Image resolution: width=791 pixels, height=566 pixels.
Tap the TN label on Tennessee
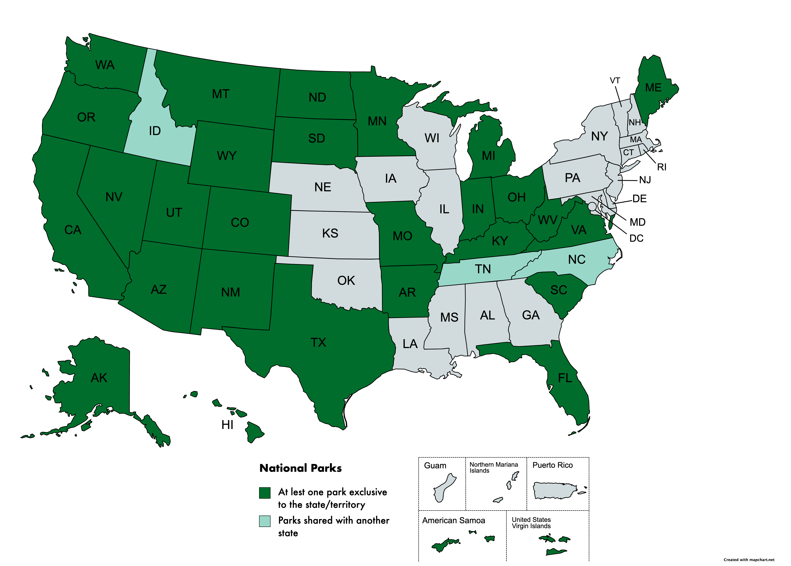[x=483, y=269]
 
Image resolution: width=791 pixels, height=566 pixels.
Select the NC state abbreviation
[x=577, y=260]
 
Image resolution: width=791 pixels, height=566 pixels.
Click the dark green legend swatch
[x=265, y=493]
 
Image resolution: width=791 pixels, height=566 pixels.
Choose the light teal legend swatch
[x=265, y=521]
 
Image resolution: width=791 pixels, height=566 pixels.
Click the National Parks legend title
[x=300, y=468]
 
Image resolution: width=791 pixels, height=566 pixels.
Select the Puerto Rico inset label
[x=552, y=465]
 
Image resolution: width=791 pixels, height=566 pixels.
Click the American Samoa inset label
[x=453, y=520]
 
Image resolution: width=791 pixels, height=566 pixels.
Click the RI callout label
[x=662, y=167]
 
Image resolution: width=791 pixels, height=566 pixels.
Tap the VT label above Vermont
[x=615, y=81]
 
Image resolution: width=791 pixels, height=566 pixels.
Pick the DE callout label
[x=639, y=199]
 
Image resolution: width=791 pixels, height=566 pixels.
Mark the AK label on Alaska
[x=99, y=378]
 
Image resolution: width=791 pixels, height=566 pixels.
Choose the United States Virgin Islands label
[x=531, y=523]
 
